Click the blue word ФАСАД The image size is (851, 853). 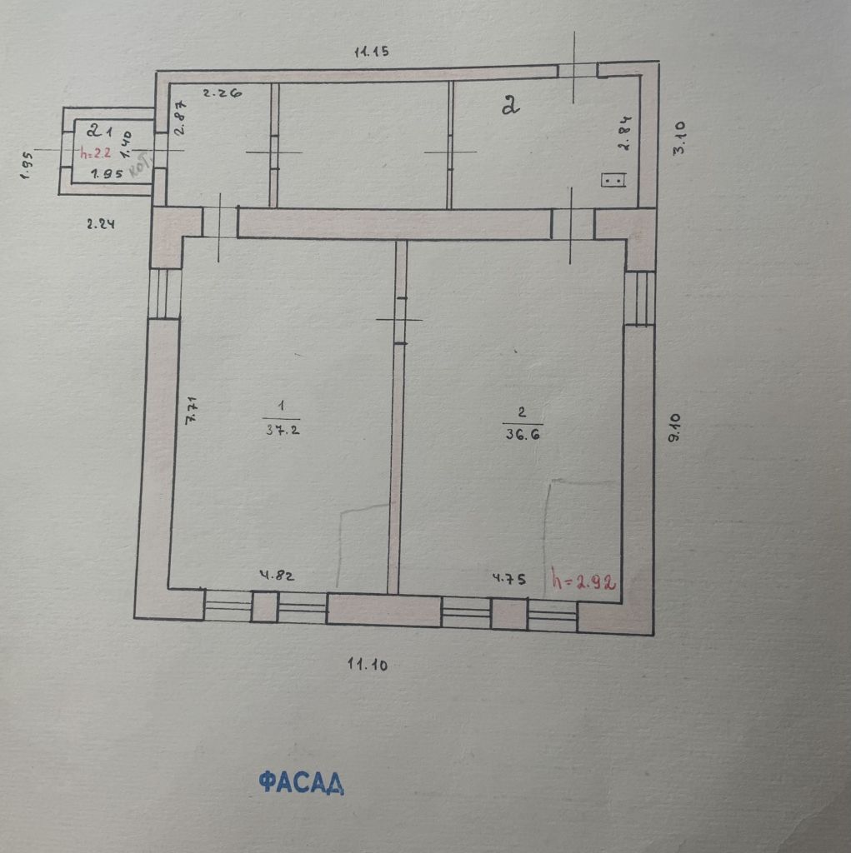pos(301,782)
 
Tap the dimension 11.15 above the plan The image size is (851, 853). pos(372,52)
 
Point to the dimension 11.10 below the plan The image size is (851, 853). pos(368,664)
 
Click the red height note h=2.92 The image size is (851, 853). pos(583,581)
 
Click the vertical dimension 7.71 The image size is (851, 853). pos(191,411)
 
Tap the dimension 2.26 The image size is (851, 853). pos(223,94)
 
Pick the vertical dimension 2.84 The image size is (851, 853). pos(623,132)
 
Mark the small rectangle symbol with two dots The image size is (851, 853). pos(613,180)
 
